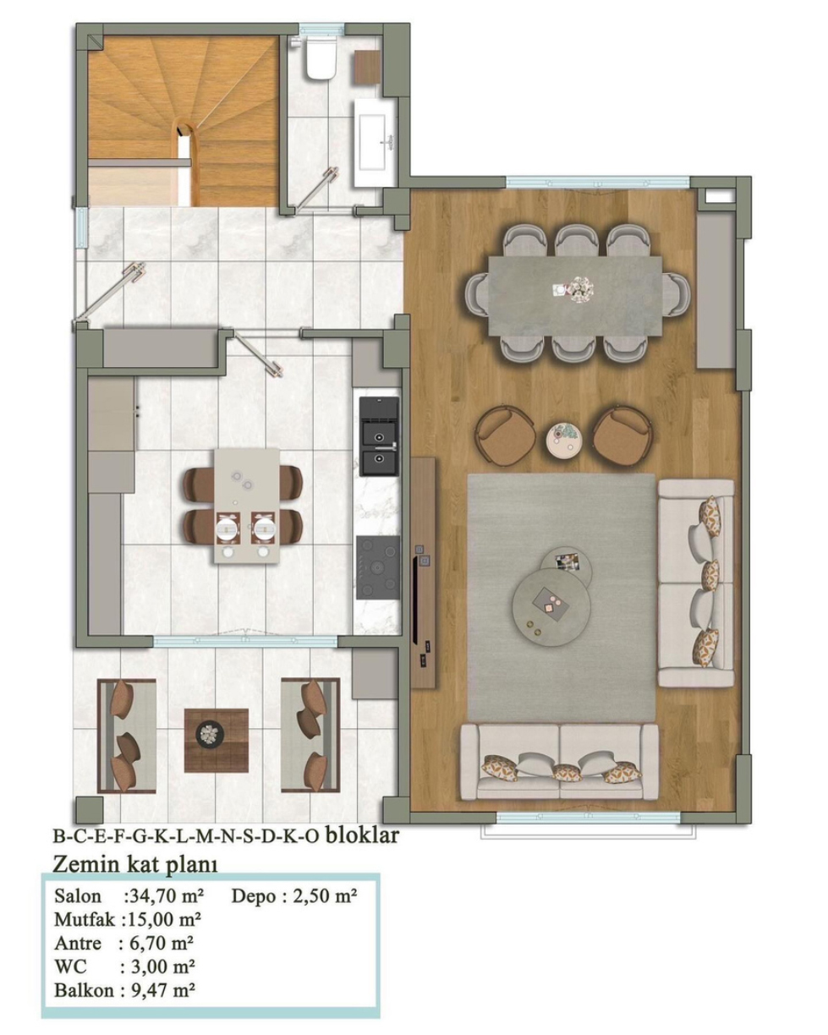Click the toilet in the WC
click(320, 58)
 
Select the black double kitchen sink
click(379, 435)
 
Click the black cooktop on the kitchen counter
click(378, 567)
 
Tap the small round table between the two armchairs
click(563, 438)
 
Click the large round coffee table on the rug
click(551, 606)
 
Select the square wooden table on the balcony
click(216, 740)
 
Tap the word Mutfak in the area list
click(85, 919)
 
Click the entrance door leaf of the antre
click(109, 293)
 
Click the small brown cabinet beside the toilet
click(368, 68)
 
